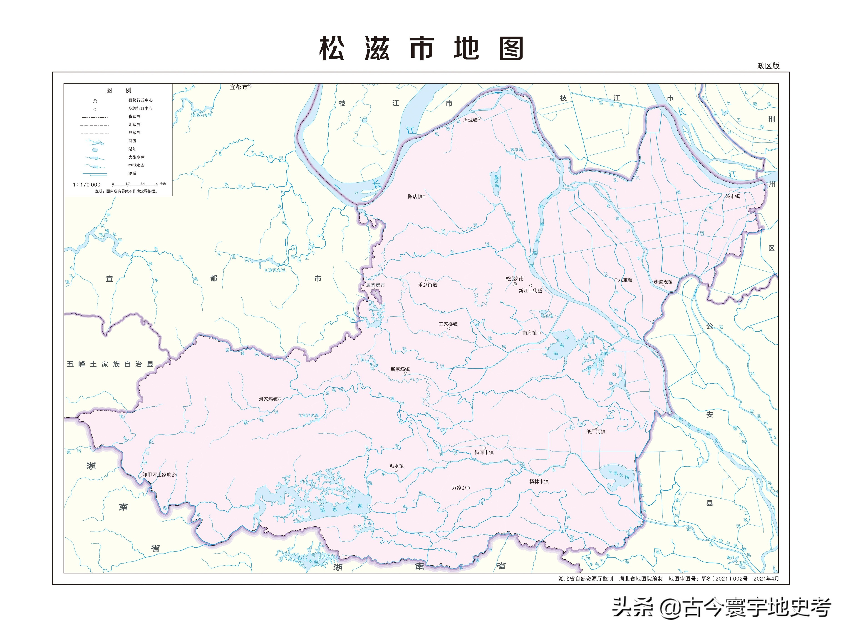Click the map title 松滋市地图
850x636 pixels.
[x=421, y=49]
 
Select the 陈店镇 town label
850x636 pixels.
[x=415, y=197]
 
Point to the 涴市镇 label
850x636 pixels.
[x=732, y=196]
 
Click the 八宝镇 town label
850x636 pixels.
[x=625, y=280]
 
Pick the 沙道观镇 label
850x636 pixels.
[x=663, y=282]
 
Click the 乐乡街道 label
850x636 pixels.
[x=427, y=285]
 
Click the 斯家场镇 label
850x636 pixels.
[x=400, y=369]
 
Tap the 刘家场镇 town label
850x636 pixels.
[x=268, y=399]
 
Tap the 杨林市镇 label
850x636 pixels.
[x=539, y=482]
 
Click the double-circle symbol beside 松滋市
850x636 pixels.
[x=515, y=285]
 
